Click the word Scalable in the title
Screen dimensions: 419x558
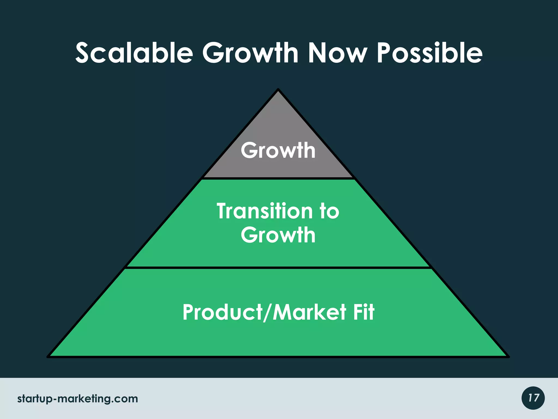pyautogui.click(x=134, y=53)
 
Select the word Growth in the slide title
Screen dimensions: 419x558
pyautogui.click(x=250, y=53)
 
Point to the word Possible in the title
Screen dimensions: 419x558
pyautogui.click(x=430, y=53)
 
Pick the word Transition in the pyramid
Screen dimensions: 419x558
pyautogui.click(x=265, y=211)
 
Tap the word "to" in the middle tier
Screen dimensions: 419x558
pyautogui.click(x=329, y=211)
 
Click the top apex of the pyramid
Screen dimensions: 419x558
pyautogui.click(x=278, y=90)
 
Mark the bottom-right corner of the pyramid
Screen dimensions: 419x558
pyautogui.click(x=508, y=356)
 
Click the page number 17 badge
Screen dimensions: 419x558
pyautogui.click(x=533, y=398)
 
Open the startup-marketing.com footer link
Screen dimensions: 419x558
pyautogui.click(x=78, y=399)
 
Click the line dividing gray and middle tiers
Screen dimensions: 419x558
pyautogui.click(x=278, y=178)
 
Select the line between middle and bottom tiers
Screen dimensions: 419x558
pyautogui.click(x=278, y=268)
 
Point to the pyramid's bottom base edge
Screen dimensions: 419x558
pyautogui.click(x=278, y=357)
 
